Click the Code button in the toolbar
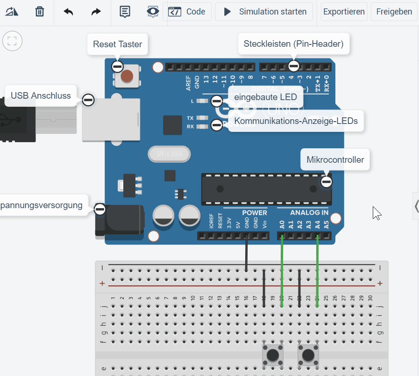(x=187, y=12)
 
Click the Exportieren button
(x=344, y=12)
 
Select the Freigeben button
(x=394, y=12)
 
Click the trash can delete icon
(x=40, y=12)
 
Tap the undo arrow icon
(x=69, y=12)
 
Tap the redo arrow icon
(x=96, y=12)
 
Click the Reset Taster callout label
(x=117, y=44)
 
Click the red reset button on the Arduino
(x=127, y=76)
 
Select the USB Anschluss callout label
(x=41, y=96)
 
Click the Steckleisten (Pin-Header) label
(x=293, y=44)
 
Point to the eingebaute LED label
(x=265, y=97)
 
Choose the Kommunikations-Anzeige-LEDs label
(x=296, y=121)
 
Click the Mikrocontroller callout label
(x=335, y=160)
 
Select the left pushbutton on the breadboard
(x=272, y=356)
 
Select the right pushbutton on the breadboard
(x=308, y=356)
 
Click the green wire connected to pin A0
(x=282, y=271)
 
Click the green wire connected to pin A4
(x=317, y=271)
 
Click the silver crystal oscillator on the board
(x=169, y=153)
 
